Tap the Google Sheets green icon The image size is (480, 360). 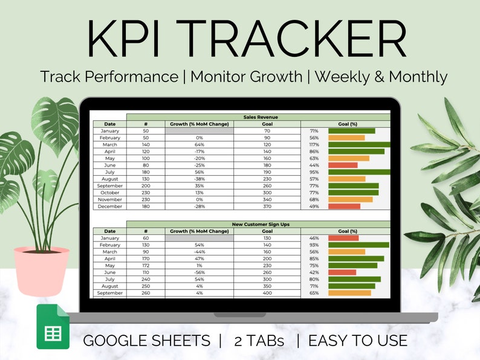click(53, 327)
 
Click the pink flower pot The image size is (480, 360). click(41, 271)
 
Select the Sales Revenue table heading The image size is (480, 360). click(261, 117)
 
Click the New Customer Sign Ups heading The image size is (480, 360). click(261, 224)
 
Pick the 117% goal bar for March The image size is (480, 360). click(359, 145)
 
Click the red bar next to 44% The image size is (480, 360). click(343, 165)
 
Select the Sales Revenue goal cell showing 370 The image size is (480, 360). click(267, 207)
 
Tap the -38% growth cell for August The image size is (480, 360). click(199, 179)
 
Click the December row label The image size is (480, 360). click(110, 207)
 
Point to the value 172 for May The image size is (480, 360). click(146, 266)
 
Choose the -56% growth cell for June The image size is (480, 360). click(199, 272)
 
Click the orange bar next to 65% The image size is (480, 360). click(349, 293)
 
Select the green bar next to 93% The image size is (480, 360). click(358, 245)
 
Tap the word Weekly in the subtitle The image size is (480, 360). click(342, 77)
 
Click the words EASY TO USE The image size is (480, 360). click(358, 341)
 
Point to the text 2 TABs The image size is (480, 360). click(259, 341)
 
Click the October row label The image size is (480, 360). click(110, 193)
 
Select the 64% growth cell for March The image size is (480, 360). click(199, 145)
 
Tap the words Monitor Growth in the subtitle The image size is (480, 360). click(247, 77)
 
